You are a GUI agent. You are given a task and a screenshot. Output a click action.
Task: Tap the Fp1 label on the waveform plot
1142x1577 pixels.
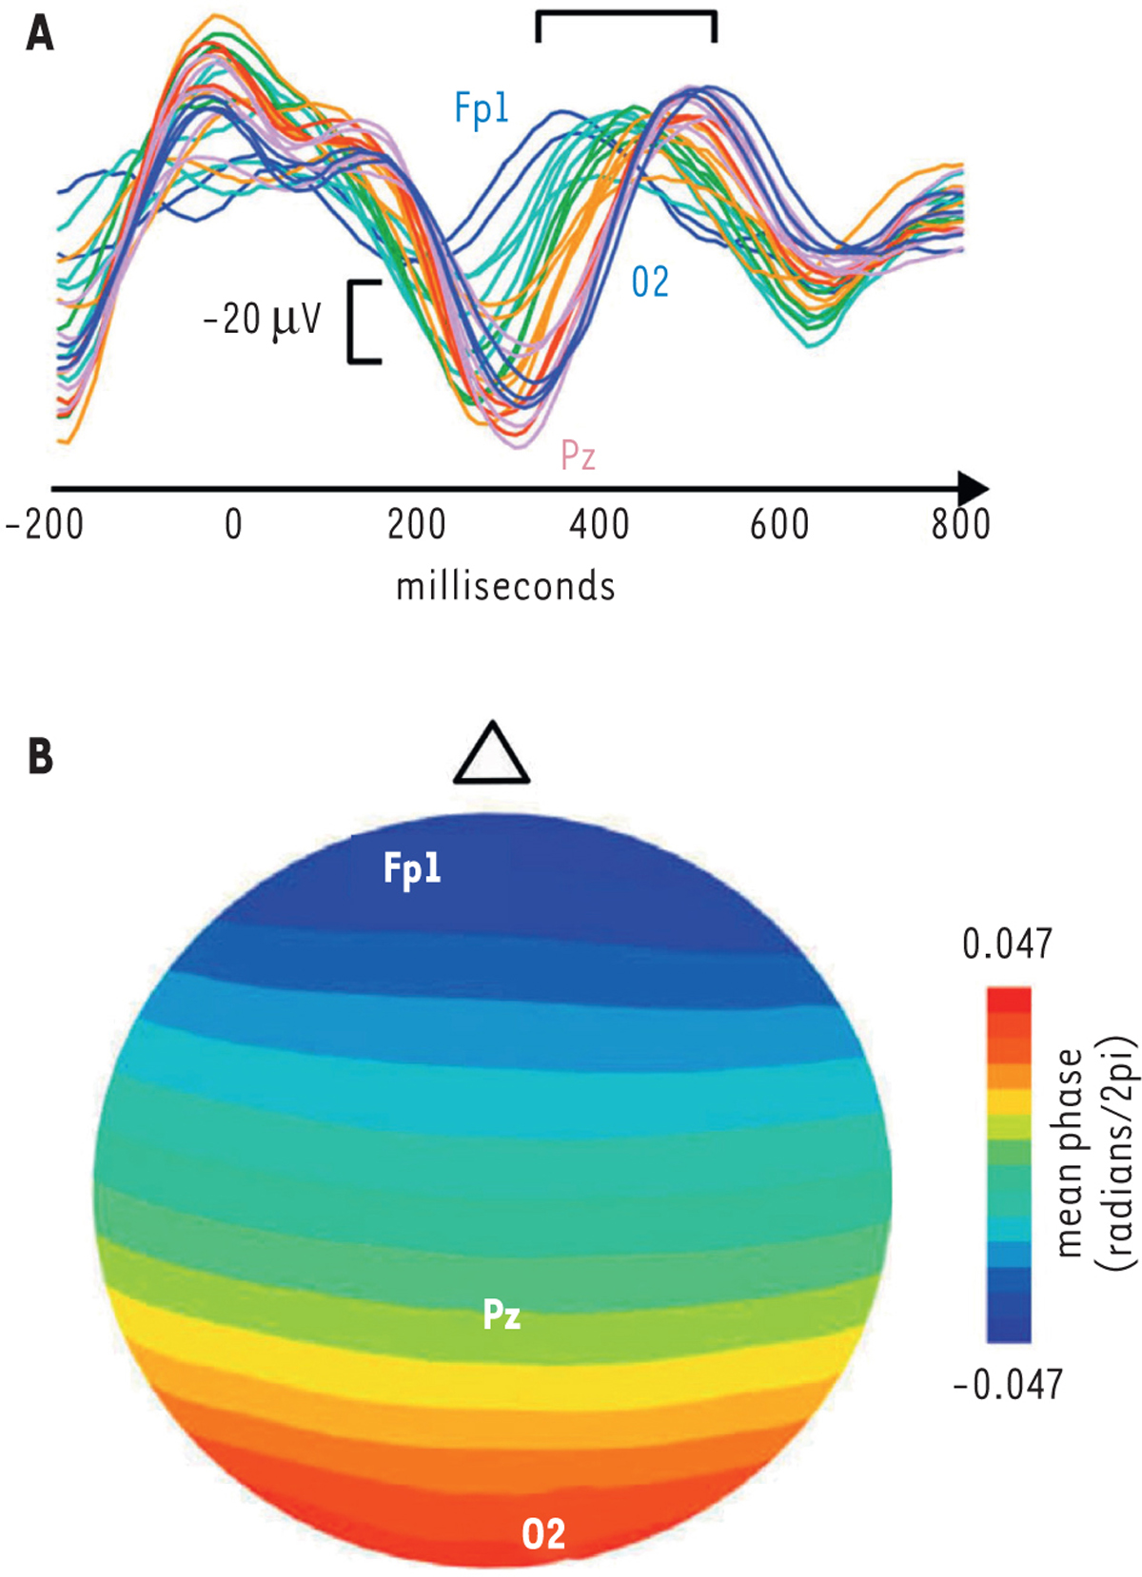pos(482,109)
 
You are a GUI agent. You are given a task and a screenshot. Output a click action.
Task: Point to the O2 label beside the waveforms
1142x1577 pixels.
pos(650,282)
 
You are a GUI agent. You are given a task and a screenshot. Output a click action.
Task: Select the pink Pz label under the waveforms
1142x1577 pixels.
pos(578,456)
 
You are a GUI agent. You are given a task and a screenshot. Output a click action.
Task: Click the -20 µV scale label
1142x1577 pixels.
pos(263,321)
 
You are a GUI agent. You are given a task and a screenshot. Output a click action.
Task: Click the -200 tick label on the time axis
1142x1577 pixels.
pos(45,524)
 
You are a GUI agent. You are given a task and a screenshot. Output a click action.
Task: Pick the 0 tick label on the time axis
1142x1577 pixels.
pos(233,524)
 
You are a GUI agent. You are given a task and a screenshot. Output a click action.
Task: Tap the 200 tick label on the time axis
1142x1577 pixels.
pos(416,524)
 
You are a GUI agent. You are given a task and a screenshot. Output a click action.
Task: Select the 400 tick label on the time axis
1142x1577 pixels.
pos(599,524)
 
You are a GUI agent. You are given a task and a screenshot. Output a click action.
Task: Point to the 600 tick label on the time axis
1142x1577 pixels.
pos(779,524)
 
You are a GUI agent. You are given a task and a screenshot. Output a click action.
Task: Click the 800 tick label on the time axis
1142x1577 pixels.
pos(960,524)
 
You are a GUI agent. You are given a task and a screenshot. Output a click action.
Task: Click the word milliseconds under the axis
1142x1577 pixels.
pos(505,586)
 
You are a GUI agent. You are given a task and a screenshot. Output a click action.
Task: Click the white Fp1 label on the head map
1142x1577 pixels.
pos(412,868)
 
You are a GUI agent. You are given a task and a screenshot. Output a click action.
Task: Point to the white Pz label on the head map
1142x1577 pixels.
pos(502,1314)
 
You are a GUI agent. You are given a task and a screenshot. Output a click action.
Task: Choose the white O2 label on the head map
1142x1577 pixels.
pos(543,1533)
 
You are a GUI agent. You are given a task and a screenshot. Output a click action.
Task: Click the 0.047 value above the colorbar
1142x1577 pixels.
pos(1007,944)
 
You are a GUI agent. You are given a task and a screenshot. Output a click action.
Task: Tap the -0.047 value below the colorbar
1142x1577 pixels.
pos(1007,1384)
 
